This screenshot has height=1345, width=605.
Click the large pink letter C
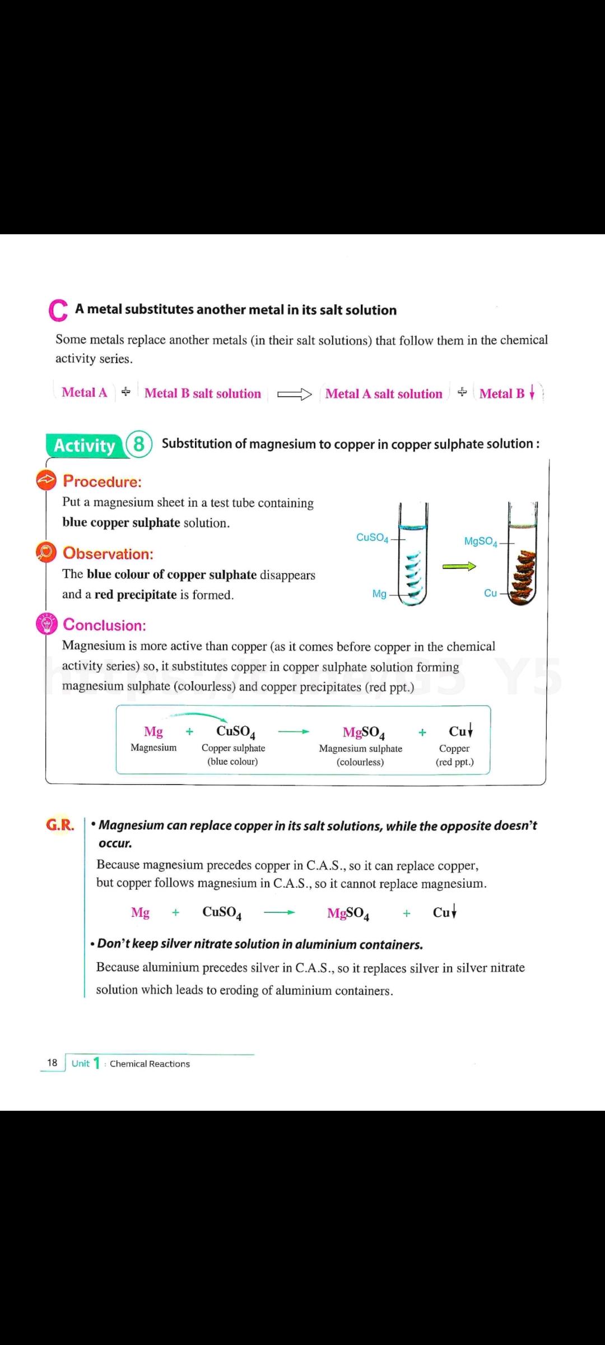[x=58, y=311]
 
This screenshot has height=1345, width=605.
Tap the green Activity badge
[x=85, y=446]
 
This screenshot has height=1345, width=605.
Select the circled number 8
[x=139, y=445]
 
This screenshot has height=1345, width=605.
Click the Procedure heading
[x=103, y=481]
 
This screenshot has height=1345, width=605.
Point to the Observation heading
[x=108, y=554]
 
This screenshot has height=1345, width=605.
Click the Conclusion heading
[x=105, y=625]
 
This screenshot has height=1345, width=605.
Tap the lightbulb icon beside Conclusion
[x=46, y=624]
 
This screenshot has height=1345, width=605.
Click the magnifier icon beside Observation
[x=46, y=552]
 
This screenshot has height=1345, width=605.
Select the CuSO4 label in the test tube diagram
[x=372, y=538]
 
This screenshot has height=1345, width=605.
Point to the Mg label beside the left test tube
[x=379, y=594]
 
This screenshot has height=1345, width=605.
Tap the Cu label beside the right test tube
[x=490, y=593]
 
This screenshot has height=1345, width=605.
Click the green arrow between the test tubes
[x=459, y=567]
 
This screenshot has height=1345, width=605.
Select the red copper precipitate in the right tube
[x=522, y=577]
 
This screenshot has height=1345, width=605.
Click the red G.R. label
[x=60, y=825]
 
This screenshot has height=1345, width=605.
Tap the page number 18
[x=52, y=1063]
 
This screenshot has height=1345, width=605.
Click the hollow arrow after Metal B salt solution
[x=295, y=394]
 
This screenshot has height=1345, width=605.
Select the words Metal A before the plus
[x=85, y=393]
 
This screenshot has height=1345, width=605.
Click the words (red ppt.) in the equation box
[x=454, y=762]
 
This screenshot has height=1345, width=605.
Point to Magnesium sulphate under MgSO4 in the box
[x=360, y=749]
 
